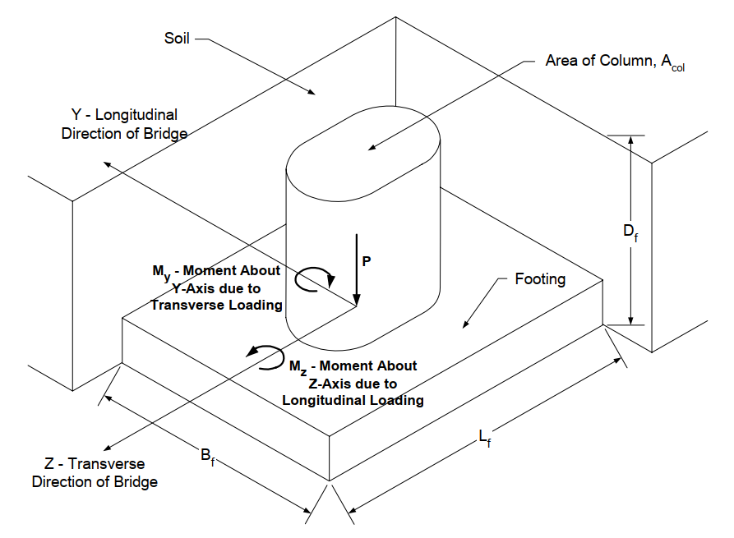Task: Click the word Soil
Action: (177, 38)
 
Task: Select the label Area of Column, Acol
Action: (615, 62)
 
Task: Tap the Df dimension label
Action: (629, 233)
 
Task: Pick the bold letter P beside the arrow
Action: (367, 260)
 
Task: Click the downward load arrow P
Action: (357, 271)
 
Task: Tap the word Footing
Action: (540, 279)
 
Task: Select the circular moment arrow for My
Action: (315, 280)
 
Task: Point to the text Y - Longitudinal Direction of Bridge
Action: (123, 123)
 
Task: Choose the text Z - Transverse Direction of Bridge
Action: (95, 473)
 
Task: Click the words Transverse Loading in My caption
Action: (216, 304)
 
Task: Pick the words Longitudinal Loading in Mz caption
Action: (353, 400)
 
